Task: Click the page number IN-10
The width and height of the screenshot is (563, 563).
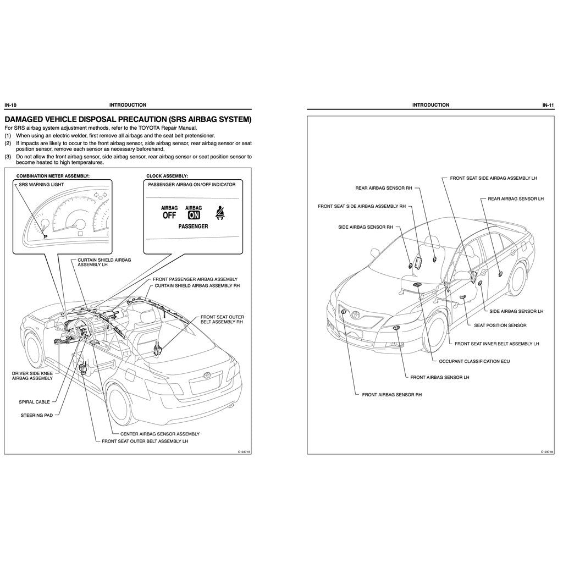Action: [x=10, y=105]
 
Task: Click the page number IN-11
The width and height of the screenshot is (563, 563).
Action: [x=548, y=105]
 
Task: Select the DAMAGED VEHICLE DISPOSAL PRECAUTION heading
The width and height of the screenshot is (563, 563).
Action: [x=128, y=119]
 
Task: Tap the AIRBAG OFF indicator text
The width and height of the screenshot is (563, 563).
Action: [x=169, y=212]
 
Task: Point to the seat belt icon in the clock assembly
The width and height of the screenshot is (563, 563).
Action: [x=222, y=213]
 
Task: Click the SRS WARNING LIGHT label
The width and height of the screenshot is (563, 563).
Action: [x=41, y=185]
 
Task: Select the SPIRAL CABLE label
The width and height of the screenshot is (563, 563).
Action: [x=34, y=402]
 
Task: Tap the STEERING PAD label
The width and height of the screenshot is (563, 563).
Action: [x=36, y=415]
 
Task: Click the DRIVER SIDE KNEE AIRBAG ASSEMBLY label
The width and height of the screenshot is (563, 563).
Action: [x=32, y=376]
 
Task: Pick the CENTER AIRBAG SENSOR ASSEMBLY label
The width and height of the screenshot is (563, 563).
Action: [x=160, y=434]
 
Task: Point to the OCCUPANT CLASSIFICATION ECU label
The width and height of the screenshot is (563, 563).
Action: [x=470, y=361]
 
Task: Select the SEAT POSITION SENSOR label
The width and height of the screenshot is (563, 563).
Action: [x=500, y=325]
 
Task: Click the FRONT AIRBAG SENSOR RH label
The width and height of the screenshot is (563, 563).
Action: [x=391, y=395]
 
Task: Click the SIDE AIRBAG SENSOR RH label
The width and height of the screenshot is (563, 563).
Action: [x=365, y=227]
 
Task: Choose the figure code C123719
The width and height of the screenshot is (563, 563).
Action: [x=244, y=451]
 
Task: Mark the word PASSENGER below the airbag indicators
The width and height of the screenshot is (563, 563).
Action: [x=193, y=226]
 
